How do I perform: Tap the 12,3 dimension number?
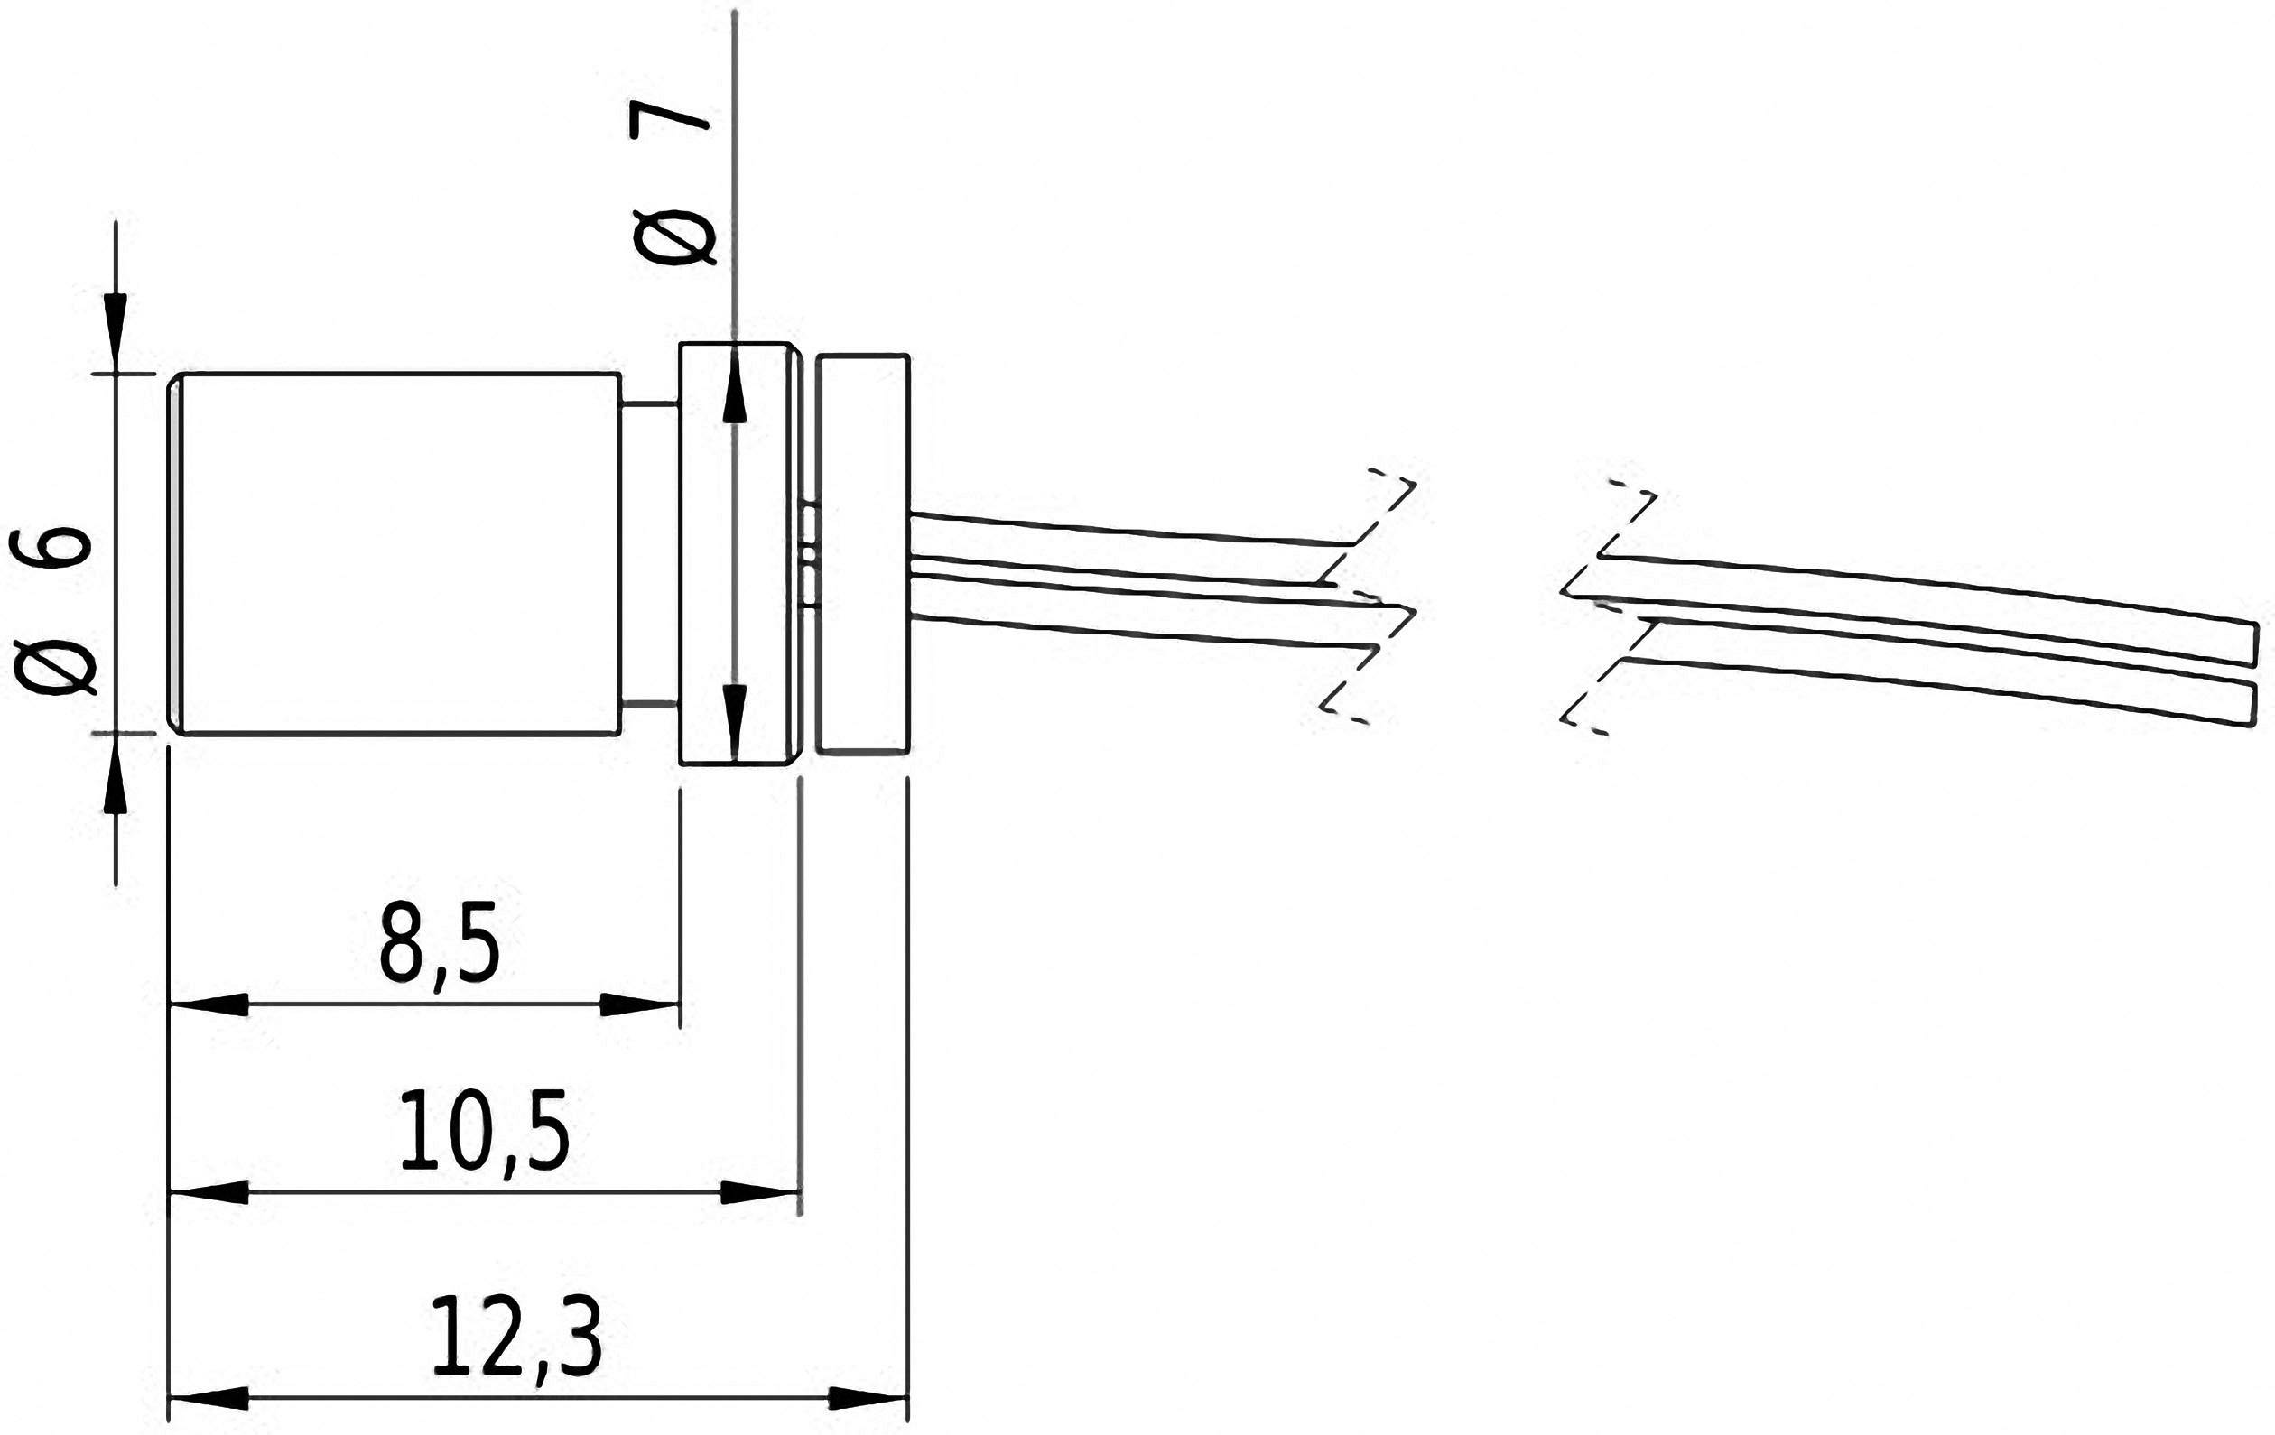(x=515, y=1338)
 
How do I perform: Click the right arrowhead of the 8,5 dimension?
(x=638, y=1005)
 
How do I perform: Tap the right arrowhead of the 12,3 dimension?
(x=867, y=1398)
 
